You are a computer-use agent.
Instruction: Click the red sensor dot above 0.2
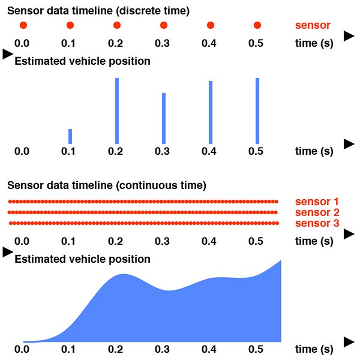(x=116, y=25)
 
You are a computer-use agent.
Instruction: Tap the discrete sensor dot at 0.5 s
(x=257, y=25)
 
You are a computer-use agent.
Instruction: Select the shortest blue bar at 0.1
(x=70, y=136)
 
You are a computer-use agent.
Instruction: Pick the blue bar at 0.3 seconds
(x=164, y=118)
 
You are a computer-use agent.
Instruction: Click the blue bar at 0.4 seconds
(x=211, y=112)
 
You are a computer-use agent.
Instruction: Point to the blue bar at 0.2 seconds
(x=116, y=110)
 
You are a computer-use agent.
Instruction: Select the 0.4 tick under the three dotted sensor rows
(x=210, y=241)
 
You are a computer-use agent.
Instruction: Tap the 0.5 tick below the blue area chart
(x=257, y=349)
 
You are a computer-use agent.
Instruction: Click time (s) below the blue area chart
(x=314, y=349)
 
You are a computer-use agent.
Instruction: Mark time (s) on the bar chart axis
(x=314, y=151)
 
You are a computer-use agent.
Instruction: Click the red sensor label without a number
(x=313, y=26)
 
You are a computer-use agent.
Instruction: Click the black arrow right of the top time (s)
(x=349, y=36)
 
